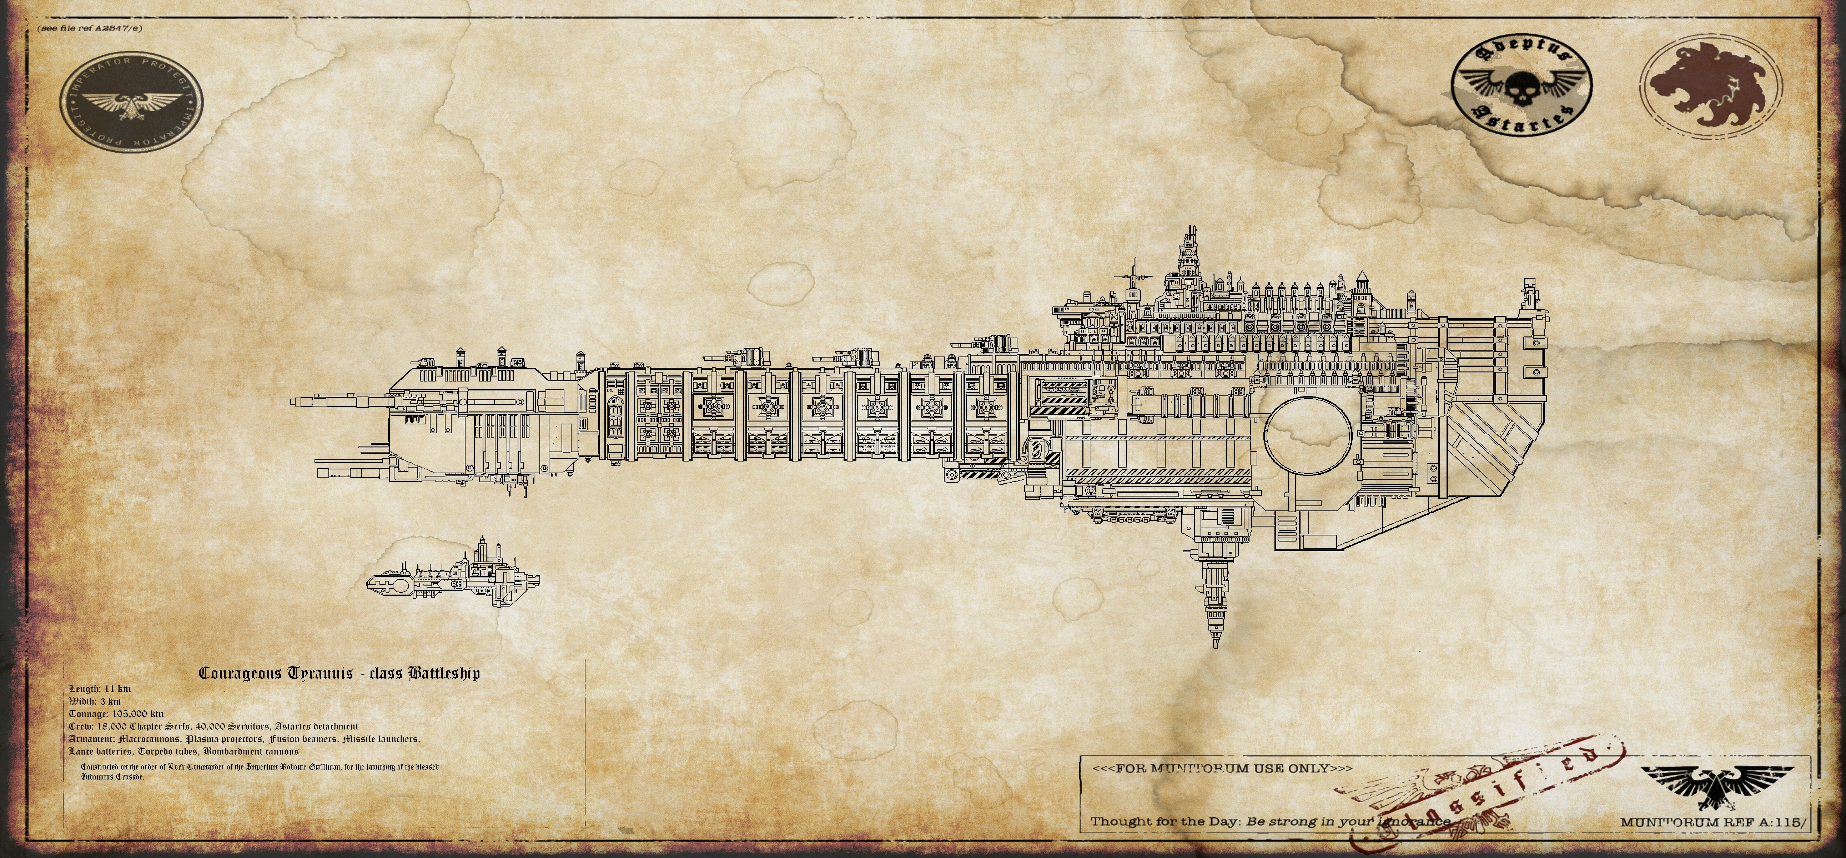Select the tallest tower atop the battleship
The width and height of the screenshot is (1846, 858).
click(x=1190, y=258)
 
